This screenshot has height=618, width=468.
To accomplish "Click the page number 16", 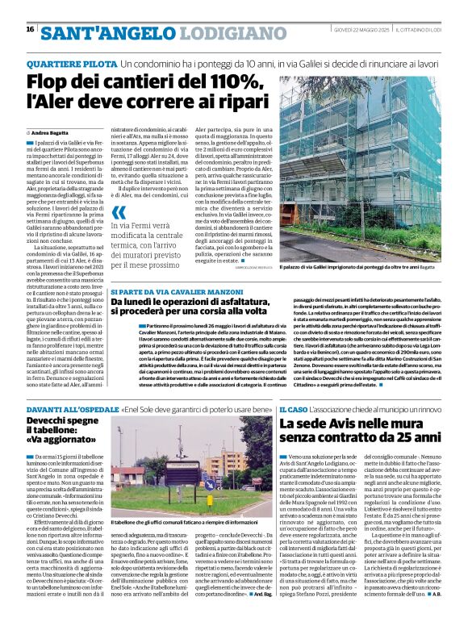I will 30,29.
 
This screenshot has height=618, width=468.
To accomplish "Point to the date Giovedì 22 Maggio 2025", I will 364,29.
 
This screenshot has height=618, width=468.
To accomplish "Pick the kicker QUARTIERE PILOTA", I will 70,62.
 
